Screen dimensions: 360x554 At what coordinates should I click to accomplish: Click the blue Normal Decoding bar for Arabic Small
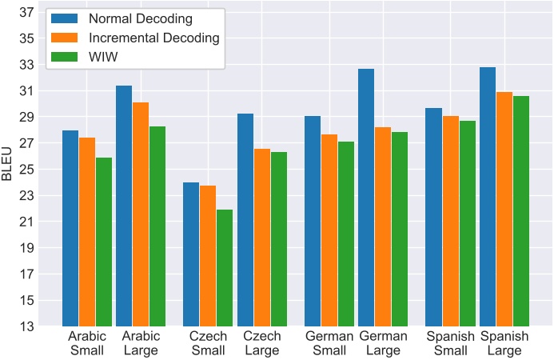(x=70, y=228)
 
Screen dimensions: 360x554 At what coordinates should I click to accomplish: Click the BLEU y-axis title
(x=8, y=169)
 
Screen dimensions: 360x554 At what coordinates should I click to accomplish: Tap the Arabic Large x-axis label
(x=141, y=343)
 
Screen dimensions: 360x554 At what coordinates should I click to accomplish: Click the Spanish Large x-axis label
(x=504, y=343)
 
